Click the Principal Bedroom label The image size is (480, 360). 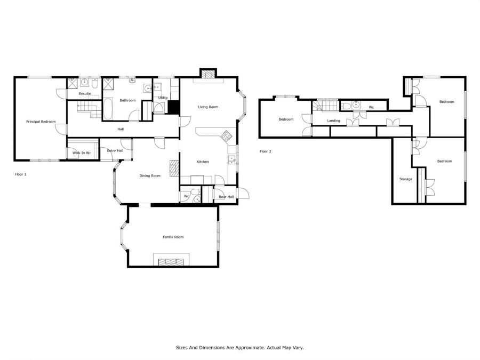click(x=41, y=122)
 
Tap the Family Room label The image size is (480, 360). click(x=173, y=237)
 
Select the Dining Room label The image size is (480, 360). click(x=150, y=175)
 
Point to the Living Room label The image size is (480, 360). click(x=208, y=107)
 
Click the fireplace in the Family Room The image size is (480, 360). click(x=171, y=262)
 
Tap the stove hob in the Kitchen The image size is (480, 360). click(x=226, y=135)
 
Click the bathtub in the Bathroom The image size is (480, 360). click(x=107, y=109)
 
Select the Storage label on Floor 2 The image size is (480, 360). click(x=406, y=179)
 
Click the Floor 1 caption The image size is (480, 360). click(x=20, y=174)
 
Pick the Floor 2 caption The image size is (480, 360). click(x=266, y=151)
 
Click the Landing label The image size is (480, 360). click(x=333, y=121)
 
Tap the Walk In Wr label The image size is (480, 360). click(x=82, y=153)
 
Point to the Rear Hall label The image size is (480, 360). click(x=226, y=197)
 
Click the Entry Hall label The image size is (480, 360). click(x=115, y=150)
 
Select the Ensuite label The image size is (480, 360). click(x=85, y=94)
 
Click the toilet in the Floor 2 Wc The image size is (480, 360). click(x=346, y=106)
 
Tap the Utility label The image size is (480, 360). click(x=163, y=98)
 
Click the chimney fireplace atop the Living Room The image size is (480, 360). click(x=209, y=74)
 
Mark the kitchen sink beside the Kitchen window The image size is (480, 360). click(x=232, y=159)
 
